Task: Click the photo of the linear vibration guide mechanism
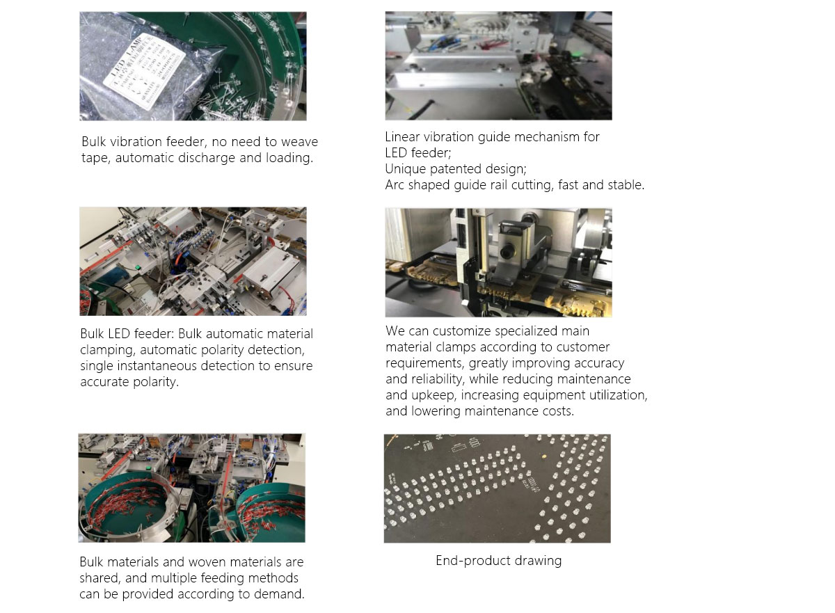[498, 65]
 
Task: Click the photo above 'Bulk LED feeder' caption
[193, 261]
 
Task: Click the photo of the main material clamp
[498, 262]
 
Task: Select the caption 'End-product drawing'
[498, 561]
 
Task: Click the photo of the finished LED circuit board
[497, 488]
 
